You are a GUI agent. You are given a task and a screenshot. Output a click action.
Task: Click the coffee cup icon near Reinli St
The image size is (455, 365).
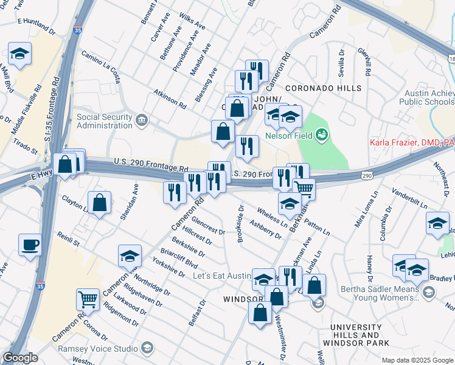click(x=30, y=246)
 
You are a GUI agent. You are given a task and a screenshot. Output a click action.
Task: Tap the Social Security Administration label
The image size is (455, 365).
click(x=104, y=121)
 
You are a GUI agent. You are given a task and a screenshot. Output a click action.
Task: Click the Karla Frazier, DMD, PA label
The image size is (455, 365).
click(x=412, y=144)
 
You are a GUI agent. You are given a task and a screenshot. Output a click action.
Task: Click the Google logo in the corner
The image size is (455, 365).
click(x=20, y=358)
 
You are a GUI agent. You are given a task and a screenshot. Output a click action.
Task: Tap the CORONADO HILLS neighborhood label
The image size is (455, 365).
click(x=323, y=89)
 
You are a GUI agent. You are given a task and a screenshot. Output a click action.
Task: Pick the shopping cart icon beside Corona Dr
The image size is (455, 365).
click(x=88, y=299)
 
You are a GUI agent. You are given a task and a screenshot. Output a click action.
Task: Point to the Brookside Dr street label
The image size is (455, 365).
click(x=241, y=223)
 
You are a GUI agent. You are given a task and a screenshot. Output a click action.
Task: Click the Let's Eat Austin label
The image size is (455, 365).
click(x=221, y=276)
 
